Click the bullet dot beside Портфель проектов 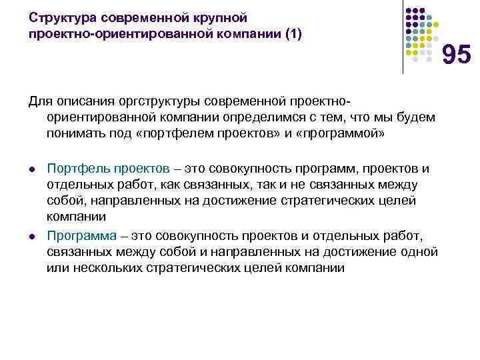pos(31,168)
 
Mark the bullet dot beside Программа pos(31,236)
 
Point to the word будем pos(418,117)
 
